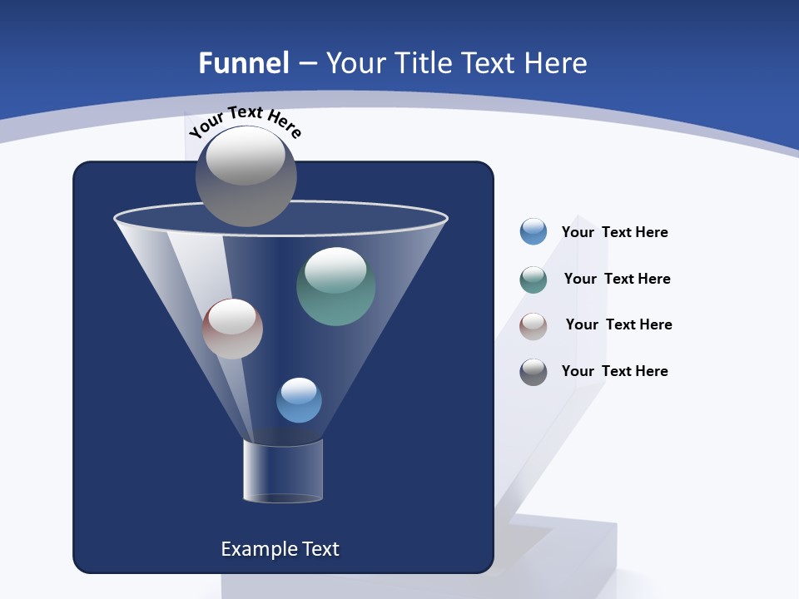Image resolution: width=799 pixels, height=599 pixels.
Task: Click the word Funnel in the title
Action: (x=243, y=63)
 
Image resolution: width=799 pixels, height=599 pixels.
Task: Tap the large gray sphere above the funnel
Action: (x=246, y=176)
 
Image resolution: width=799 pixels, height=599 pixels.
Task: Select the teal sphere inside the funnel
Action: (x=335, y=287)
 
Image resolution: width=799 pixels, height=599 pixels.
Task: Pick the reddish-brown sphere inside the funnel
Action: (x=232, y=329)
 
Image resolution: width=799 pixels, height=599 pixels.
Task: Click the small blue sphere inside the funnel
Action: (x=299, y=400)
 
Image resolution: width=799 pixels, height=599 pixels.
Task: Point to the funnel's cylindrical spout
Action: (x=283, y=471)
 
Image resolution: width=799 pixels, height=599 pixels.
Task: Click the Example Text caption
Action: (x=280, y=549)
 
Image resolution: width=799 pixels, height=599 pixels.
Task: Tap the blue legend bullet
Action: (x=533, y=232)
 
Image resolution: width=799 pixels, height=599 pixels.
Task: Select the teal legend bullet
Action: (x=533, y=280)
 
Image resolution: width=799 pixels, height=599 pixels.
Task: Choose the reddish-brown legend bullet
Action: (x=533, y=326)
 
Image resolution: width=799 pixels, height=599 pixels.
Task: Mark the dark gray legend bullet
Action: (x=533, y=372)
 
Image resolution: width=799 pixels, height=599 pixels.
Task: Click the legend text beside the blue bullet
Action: (x=614, y=232)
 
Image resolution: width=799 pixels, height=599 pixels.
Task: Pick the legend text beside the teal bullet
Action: (x=617, y=279)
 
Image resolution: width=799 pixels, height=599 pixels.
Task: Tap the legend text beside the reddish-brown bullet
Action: (x=618, y=324)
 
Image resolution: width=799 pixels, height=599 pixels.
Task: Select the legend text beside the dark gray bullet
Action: (x=614, y=371)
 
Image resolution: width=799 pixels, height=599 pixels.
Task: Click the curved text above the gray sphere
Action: (x=245, y=121)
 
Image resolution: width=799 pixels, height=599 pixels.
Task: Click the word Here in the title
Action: (x=556, y=63)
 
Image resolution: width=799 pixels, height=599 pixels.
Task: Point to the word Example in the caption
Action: (x=254, y=549)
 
